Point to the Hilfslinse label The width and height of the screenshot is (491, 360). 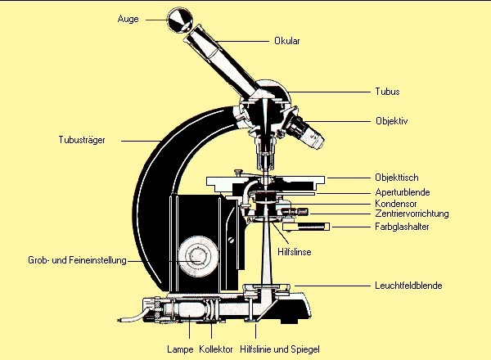(295, 252)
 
